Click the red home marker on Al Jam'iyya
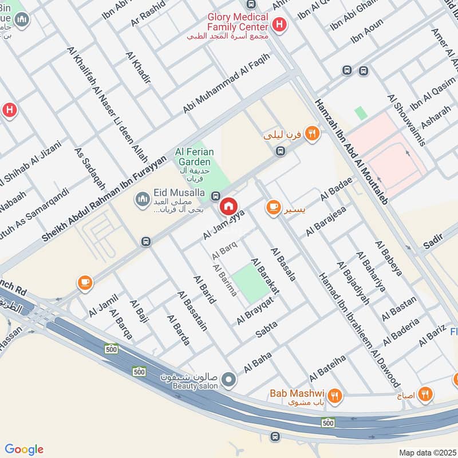[228, 206]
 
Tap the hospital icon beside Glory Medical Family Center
[279, 24]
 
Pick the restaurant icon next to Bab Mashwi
[335, 394]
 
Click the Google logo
[24, 449]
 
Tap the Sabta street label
[266, 328]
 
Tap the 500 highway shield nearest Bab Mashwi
[327, 423]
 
